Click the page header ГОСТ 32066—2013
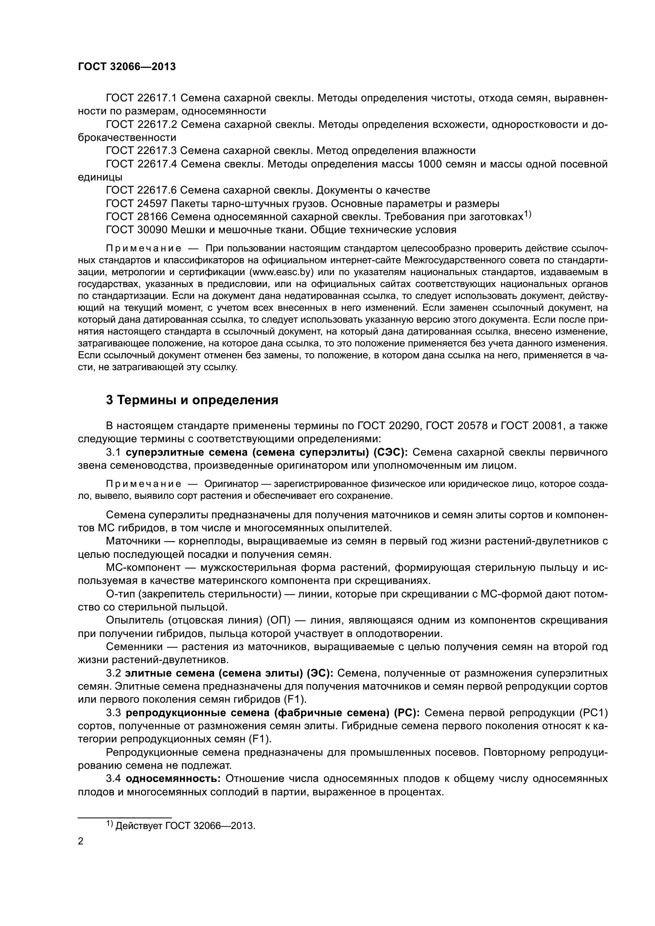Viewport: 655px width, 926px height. coord(127,67)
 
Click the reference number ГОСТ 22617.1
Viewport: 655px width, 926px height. coord(141,98)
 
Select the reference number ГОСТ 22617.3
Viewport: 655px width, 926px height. coord(141,151)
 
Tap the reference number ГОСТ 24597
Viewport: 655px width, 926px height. coord(136,203)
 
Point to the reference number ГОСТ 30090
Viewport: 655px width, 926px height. coord(136,230)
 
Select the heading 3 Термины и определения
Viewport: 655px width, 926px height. coord(192,400)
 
